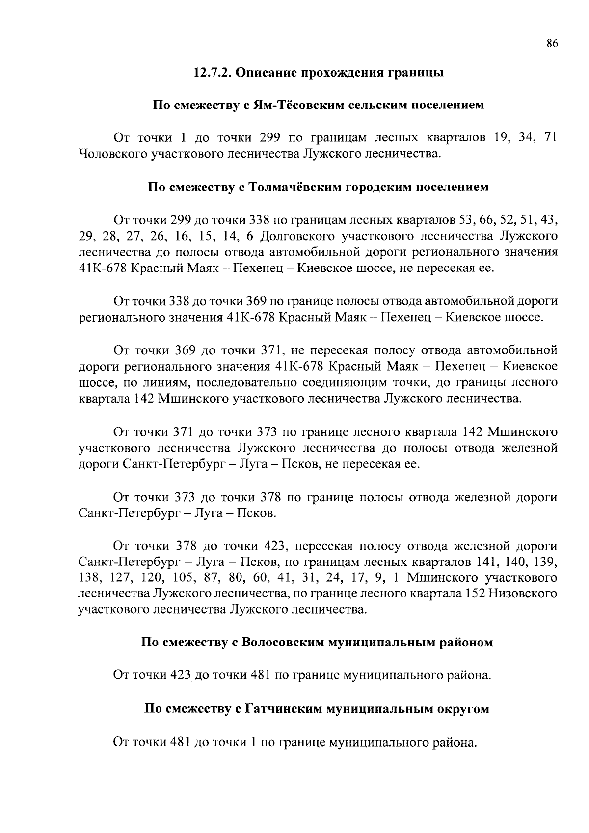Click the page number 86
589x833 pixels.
point(552,44)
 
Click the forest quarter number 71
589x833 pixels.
point(550,138)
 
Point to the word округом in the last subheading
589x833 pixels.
point(463,709)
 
